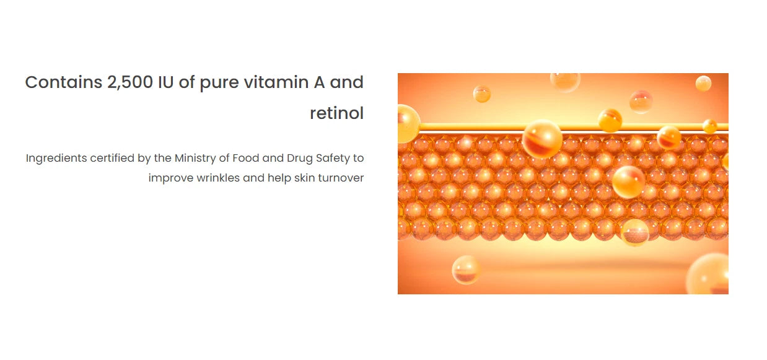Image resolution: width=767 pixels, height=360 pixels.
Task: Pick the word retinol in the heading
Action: [336, 114]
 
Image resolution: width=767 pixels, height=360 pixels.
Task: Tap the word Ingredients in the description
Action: [56, 159]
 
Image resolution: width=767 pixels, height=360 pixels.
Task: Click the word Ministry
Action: [195, 159]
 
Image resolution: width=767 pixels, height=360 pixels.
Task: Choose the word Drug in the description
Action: [300, 159]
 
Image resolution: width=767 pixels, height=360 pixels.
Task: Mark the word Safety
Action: [333, 159]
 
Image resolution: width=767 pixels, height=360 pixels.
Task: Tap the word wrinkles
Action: [218, 178]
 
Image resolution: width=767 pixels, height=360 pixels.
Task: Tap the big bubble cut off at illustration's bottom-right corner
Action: [710, 274]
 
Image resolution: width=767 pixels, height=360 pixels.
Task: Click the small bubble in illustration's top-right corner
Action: [703, 83]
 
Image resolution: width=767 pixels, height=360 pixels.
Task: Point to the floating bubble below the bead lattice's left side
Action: [467, 270]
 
